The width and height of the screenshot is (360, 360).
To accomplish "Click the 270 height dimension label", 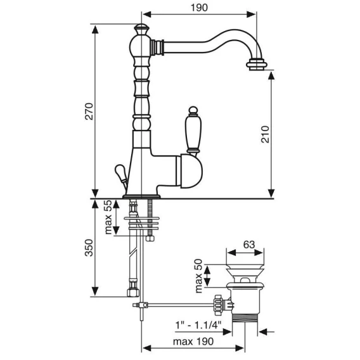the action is (x=89, y=112).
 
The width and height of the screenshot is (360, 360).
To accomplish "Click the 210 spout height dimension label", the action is (x=265, y=134).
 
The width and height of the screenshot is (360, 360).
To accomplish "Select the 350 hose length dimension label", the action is (x=89, y=248).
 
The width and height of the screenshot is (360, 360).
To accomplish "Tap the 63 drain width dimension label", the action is (x=249, y=245).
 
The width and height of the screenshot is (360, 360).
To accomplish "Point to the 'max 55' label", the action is (x=108, y=217).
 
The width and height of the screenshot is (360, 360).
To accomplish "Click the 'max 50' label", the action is (x=198, y=276).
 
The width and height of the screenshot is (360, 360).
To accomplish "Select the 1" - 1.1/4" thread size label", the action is (x=198, y=325).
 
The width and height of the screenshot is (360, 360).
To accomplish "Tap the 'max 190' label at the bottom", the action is (x=193, y=342).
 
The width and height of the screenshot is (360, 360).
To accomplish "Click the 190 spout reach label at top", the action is (x=199, y=8).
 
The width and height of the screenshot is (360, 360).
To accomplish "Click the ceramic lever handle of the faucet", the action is (x=193, y=130).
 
